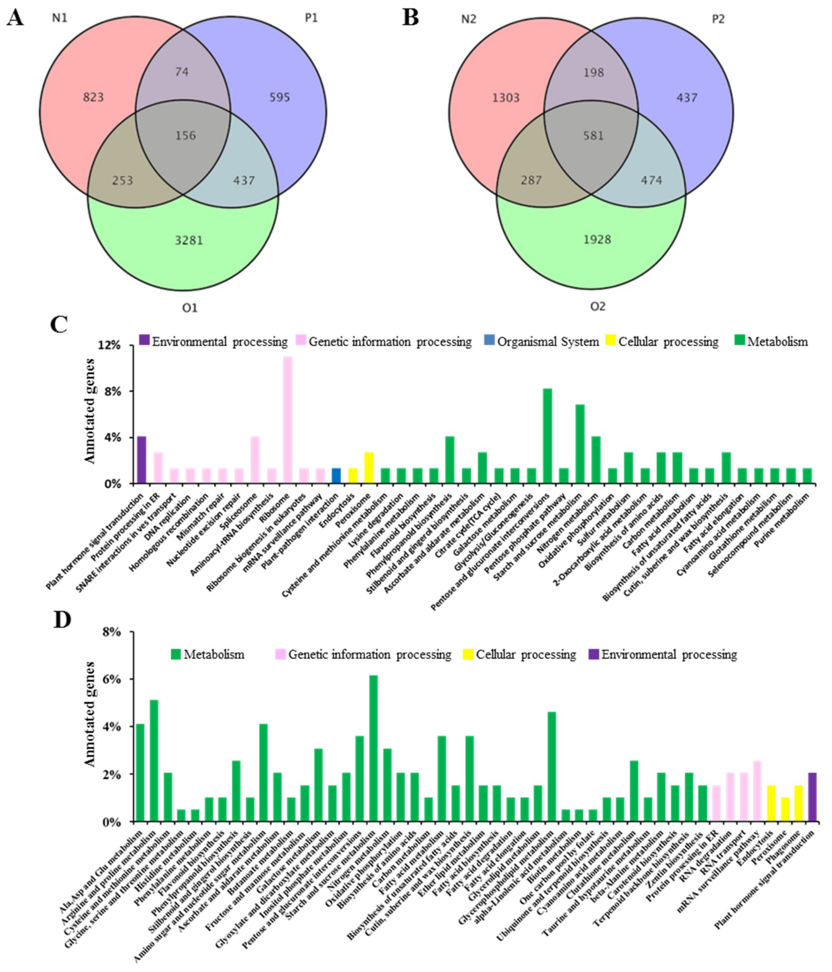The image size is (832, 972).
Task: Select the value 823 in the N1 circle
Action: [93, 98]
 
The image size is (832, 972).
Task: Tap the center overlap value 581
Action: [593, 136]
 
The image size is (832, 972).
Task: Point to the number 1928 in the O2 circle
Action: [597, 240]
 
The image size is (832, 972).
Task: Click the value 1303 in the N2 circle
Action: [506, 98]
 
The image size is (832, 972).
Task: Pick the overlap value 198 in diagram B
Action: [593, 73]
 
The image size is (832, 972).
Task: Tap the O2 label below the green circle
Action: [597, 307]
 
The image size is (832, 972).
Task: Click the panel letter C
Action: [59, 325]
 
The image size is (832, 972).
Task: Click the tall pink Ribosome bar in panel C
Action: [288, 420]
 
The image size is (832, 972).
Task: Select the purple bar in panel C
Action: [141, 460]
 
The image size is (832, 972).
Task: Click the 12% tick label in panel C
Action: [109, 346]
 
